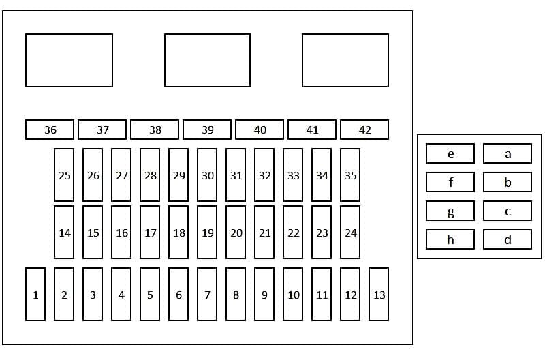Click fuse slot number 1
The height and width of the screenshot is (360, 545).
pos(35,295)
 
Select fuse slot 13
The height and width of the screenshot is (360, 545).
pos(379,295)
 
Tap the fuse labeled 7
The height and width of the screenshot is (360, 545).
pos(207,295)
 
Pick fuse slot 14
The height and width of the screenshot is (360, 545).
pos(64,232)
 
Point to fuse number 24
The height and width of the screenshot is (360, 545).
pos(350,232)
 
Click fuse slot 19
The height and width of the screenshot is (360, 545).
pos(207,232)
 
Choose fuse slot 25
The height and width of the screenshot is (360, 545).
pos(64,175)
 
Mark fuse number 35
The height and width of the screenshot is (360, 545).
pos(350,175)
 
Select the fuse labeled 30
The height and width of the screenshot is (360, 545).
pos(207,175)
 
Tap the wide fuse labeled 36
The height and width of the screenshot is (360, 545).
pos(50,130)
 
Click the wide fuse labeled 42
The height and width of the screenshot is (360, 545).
pos(364,130)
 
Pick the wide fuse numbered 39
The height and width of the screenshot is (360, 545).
pos(207,130)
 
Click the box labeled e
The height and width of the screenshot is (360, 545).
pos(450,153)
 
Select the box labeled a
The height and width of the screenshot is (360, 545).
pos(508,153)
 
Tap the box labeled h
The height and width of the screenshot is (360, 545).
pos(450,239)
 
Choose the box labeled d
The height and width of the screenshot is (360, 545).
pos(508,239)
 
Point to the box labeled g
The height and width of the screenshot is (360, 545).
pos(450,211)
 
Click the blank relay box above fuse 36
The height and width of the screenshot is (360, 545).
pos(69,60)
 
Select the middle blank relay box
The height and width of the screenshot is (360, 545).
pos(207,60)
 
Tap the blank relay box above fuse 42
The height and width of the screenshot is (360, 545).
pos(345,60)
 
